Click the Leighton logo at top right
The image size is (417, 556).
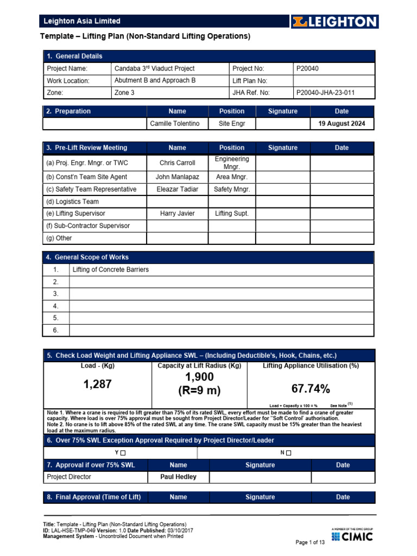334,22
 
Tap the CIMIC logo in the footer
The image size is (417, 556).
352,536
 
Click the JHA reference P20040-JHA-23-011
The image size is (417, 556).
326,93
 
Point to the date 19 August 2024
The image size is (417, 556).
342,124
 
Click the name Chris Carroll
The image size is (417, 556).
177,163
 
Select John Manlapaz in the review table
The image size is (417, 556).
177,177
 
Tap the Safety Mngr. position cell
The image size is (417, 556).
232,189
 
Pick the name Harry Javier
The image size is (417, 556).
177,214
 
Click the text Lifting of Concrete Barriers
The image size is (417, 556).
110,270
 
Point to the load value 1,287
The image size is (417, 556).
97,384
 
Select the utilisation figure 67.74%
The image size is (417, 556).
311,389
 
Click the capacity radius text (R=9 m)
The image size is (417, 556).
199,390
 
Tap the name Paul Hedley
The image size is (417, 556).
178,477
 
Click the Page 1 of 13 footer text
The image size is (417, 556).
309,542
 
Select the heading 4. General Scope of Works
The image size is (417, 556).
87,257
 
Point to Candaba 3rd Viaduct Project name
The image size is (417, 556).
154,68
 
